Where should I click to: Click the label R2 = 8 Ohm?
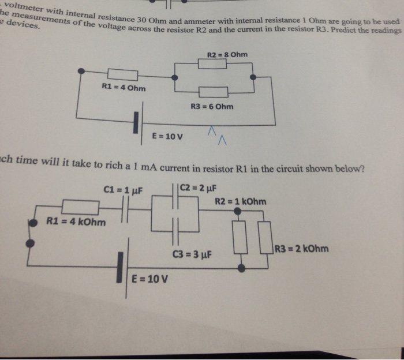(227, 55)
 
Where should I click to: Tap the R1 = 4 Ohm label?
(124, 88)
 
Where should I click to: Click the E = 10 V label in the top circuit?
(167, 137)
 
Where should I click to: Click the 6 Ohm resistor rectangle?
(214, 92)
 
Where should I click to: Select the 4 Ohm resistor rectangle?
(122, 74)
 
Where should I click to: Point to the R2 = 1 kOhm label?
(240, 201)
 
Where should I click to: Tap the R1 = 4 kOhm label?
(76, 222)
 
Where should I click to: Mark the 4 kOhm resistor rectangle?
(80, 207)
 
